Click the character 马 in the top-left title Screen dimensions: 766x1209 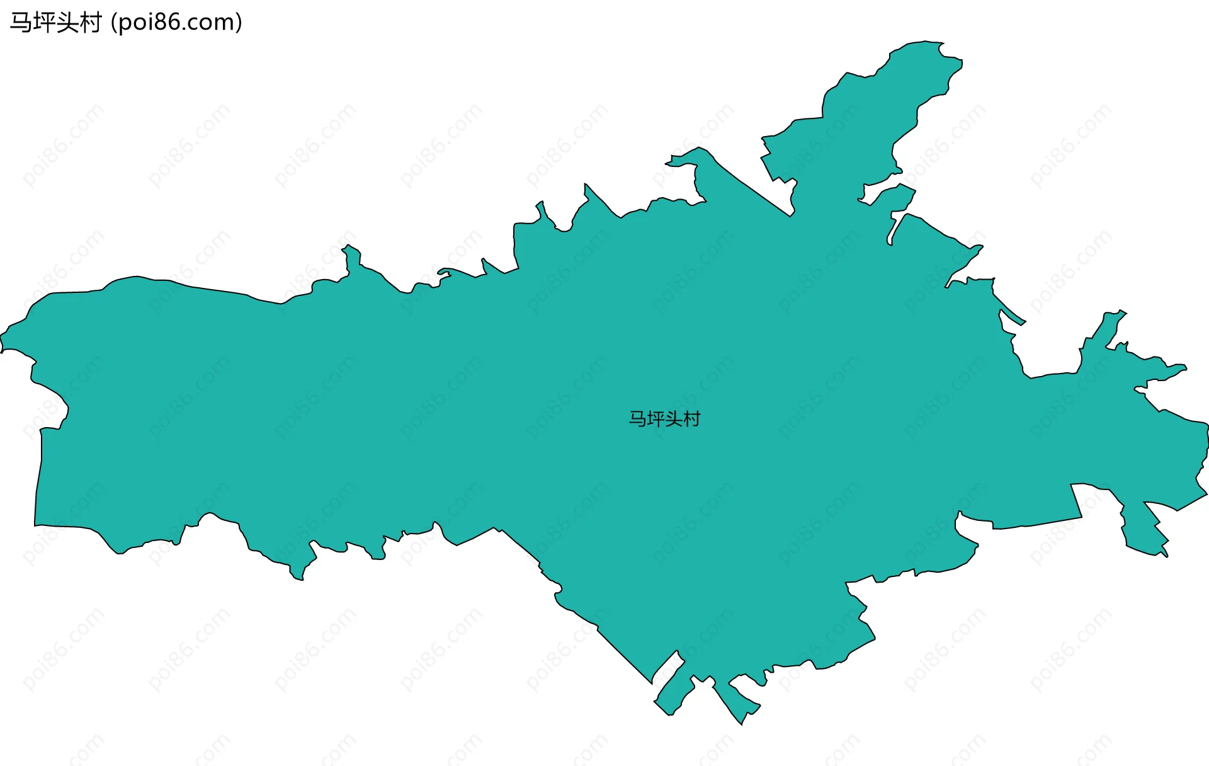[x=21, y=23]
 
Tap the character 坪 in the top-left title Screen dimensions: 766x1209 [x=43, y=23]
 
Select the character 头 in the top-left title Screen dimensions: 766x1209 [x=67, y=23]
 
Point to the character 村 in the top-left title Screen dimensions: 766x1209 [x=90, y=23]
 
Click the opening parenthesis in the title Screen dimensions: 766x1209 [x=113, y=23]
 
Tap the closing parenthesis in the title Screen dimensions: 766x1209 [x=239, y=23]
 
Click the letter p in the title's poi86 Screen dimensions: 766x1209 [x=125, y=24]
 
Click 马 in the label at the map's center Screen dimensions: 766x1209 [x=637, y=419]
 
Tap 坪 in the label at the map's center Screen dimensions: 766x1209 [x=656, y=419]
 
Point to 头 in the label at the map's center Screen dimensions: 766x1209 [x=674, y=419]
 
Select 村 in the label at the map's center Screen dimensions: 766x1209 [x=692, y=419]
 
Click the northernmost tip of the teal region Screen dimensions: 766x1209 [x=926, y=42]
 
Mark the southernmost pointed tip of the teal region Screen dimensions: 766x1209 [x=742, y=724]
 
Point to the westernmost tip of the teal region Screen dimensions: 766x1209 [x=2, y=343]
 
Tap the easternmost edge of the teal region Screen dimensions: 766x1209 [x=1207, y=435]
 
